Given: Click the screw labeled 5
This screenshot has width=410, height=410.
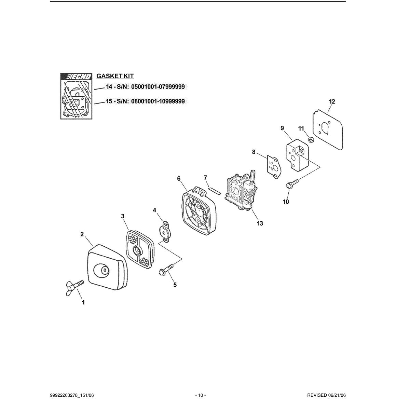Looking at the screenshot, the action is [x=166, y=269].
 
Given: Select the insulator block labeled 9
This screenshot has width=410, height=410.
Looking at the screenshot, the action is [x=297, y=157].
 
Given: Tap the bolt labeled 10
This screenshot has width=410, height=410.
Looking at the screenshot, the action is [x=292, y=183].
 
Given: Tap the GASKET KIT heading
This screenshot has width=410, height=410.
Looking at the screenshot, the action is [x=115, y=76].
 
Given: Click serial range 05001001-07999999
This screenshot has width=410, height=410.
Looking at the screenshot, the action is [x=158, y=87].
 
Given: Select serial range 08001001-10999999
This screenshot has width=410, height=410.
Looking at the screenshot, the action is [x=158, y=101].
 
